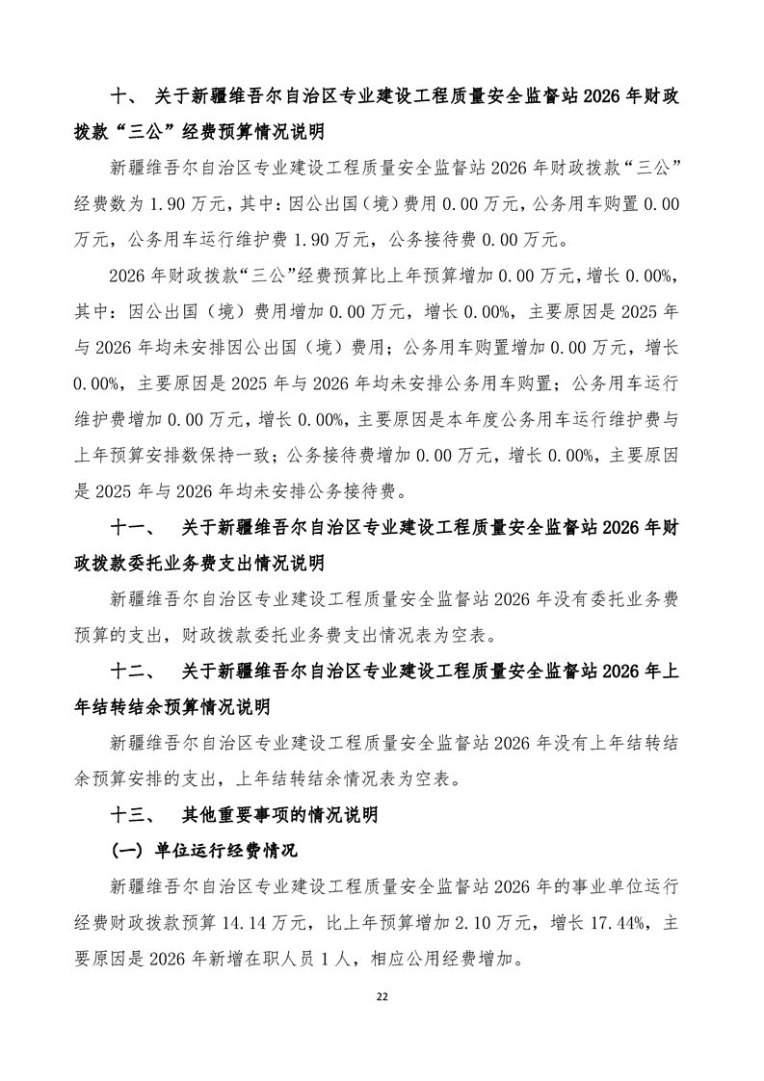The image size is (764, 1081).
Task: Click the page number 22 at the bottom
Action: click(x=382, y=995)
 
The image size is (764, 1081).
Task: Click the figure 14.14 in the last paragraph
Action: click(x=243, y=922)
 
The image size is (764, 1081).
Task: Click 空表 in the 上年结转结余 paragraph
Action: click(x=441, y=778)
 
